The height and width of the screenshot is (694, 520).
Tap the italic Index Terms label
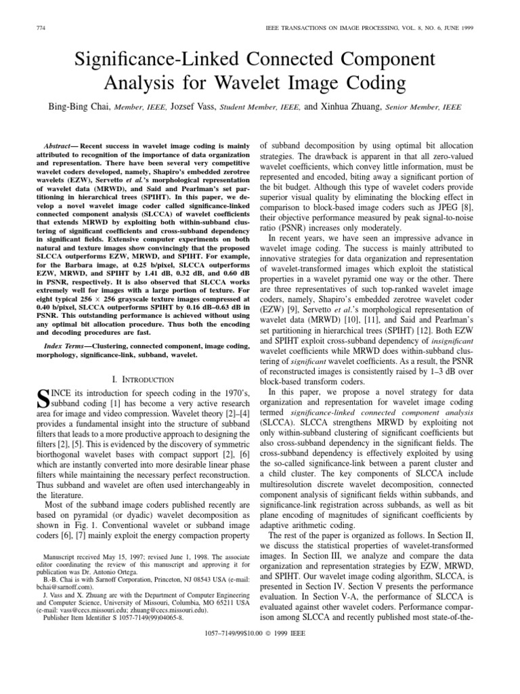pos(60,346)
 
